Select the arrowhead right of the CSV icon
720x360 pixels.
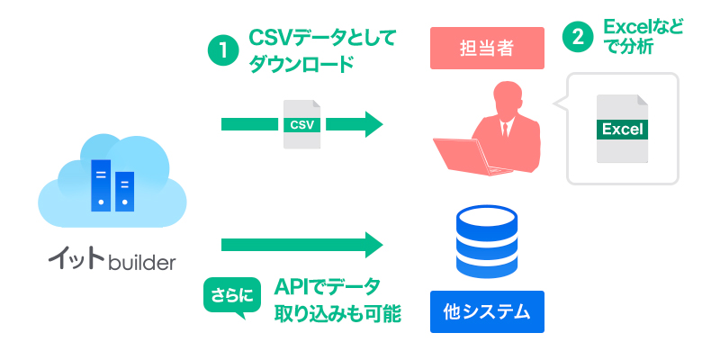(x=373, y=123)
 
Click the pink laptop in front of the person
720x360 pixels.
(x=463, y=155)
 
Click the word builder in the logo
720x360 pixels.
(x=141, y=263)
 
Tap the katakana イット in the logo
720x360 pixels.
(x=76, y=261)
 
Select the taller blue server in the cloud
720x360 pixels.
(x=100, y=184)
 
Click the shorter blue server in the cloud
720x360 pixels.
(x=124, y=191)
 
